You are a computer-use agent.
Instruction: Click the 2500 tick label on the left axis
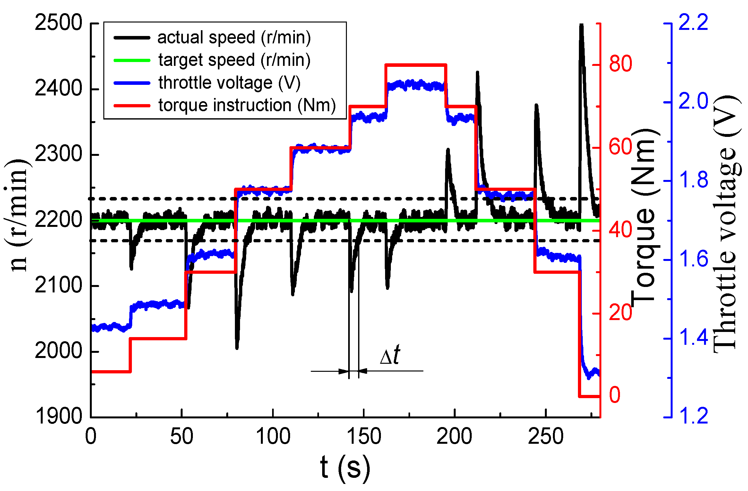[58, 23]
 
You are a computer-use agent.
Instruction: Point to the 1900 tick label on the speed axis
[58, 416]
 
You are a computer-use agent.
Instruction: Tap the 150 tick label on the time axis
[364, 437]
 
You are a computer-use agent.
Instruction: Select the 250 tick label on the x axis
[546, 437]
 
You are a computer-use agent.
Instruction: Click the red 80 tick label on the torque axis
[620, 64]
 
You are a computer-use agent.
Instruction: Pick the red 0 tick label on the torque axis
[615, 395]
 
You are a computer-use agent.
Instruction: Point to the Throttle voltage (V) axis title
[727, 225]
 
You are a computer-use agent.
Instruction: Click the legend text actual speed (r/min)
[234, 38]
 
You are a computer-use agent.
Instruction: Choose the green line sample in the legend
[132, 60]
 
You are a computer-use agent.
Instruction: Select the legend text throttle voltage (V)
[229, 83]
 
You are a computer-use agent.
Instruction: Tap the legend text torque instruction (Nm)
[247, 106]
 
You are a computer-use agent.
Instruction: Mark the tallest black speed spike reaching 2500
[581, 26]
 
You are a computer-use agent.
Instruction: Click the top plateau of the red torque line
[416, 65]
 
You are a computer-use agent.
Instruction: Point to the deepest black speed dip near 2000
[237, 347]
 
